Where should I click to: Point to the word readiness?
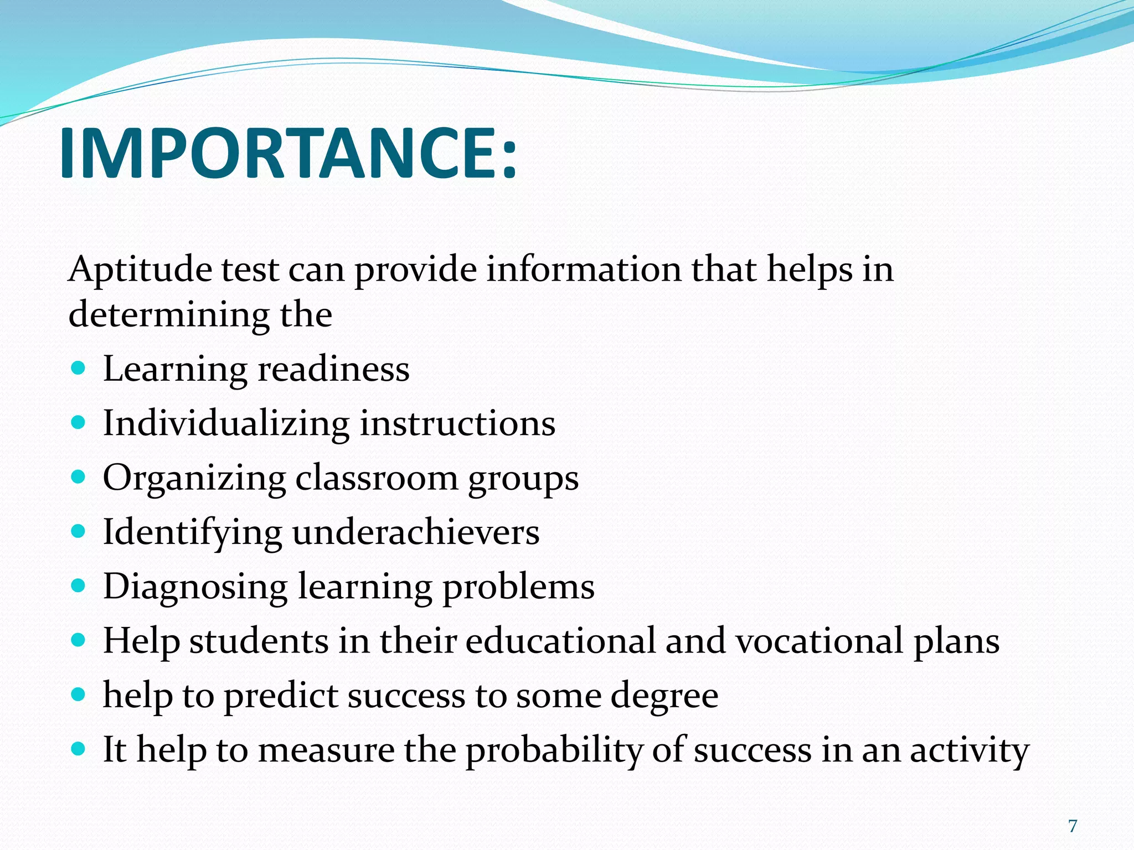point(334,369)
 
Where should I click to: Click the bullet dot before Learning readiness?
point(79,369)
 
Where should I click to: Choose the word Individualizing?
point(226,424)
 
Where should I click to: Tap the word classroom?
point(377,478)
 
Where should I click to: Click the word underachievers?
point(416,532)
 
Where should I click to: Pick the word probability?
point(554,751)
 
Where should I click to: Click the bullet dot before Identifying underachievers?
point(79,532)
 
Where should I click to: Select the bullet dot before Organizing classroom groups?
point(79,477)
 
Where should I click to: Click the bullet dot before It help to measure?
point(79,750)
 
